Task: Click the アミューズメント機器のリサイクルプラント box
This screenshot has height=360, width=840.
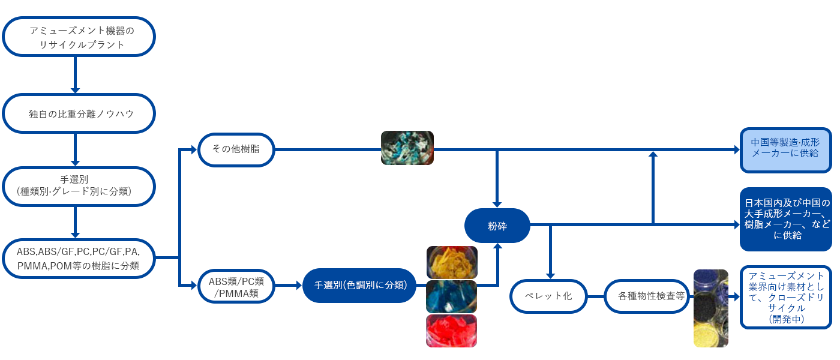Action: (79, 37)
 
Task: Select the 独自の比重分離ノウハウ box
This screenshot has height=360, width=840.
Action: (79, 113)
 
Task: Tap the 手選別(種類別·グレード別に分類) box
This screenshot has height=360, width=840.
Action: (79, 186)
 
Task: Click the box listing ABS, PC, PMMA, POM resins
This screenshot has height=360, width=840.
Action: (79, 258)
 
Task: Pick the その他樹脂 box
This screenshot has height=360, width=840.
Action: (236, 149)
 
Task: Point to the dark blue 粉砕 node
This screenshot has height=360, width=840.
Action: (497, 226)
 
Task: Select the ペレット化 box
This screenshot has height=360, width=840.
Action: (548, 296)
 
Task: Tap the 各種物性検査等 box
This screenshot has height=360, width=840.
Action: (646, 296)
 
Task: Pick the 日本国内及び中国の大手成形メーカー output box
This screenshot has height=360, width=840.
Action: (785, 219)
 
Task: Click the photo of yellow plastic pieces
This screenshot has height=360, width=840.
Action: (452, 262)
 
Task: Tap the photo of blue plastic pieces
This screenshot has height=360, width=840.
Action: (452, 296)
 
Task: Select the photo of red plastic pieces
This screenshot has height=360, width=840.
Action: (452, 331)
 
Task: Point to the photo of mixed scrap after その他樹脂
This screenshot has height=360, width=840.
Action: (407, 148)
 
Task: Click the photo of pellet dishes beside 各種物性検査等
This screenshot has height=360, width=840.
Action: (710, 308)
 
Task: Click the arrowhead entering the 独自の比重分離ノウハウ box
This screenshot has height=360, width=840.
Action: (76, 91)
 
